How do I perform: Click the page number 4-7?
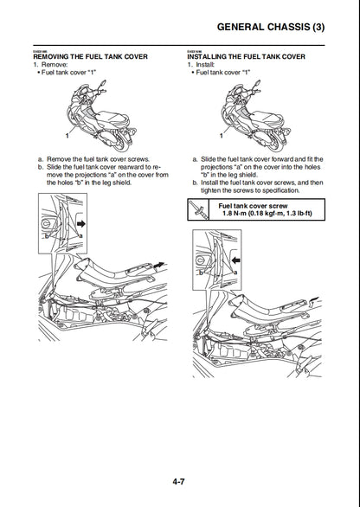[x=179, y=483]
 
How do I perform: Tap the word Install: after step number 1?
[x=209, y=65]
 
